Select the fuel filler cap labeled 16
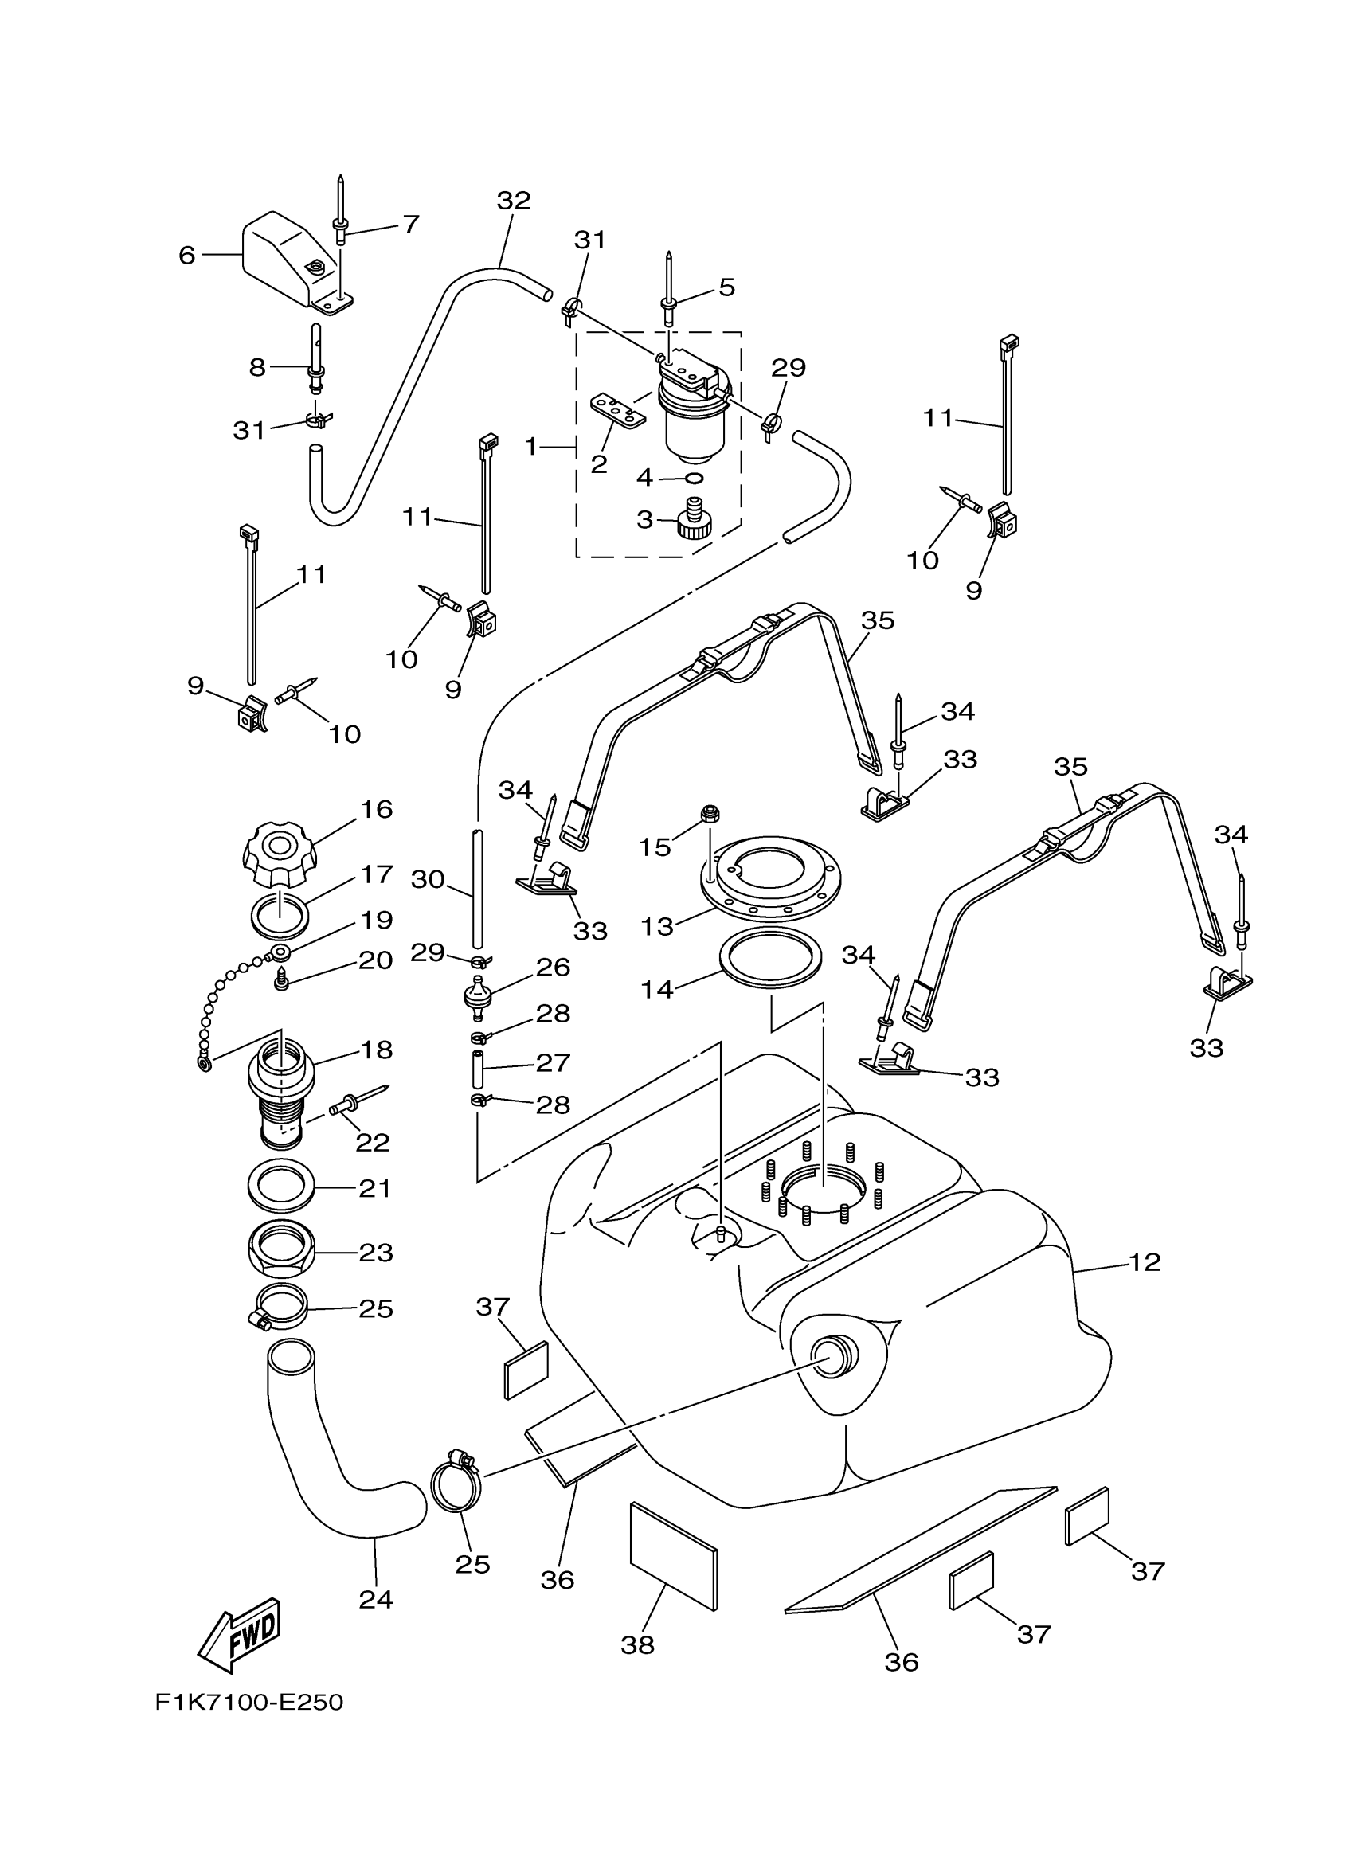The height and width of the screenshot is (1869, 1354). coord(278,854)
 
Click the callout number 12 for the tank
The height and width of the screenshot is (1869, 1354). coord(1144,1261)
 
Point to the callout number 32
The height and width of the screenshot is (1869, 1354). coord(514,200)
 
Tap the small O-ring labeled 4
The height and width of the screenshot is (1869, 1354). coord(694,478)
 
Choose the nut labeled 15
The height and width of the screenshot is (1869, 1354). coord(710,814)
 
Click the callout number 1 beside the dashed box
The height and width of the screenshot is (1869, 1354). coord(530,447)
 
